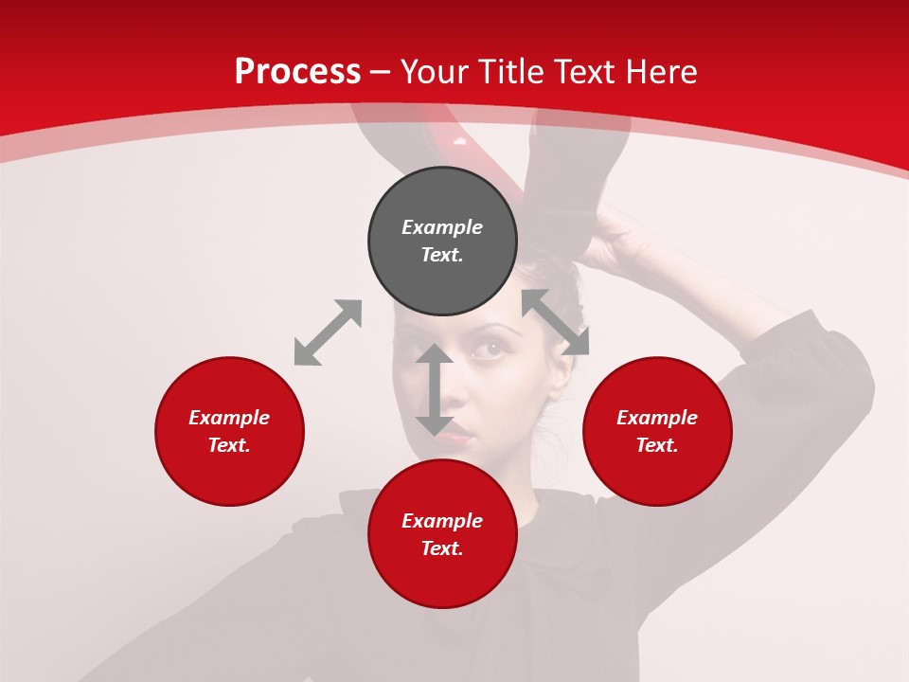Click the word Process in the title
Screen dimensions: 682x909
[x=297, y=72]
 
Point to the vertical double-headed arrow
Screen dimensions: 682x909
[x=434, y=389]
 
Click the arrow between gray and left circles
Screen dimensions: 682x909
[x=328, y=332]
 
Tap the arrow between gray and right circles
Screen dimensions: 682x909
[x=556, y=322]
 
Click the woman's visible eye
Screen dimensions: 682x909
[x=489, y=349]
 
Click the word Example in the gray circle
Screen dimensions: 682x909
[x=442, y=227]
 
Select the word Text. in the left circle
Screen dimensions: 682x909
[x=229, y=445]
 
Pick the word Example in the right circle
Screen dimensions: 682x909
[x=657, y=418]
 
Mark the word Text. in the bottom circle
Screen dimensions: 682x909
[x=442, y=548]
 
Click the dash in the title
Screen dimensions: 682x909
[x=381, y=72]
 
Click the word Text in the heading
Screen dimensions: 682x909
[x=586, y=72]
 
